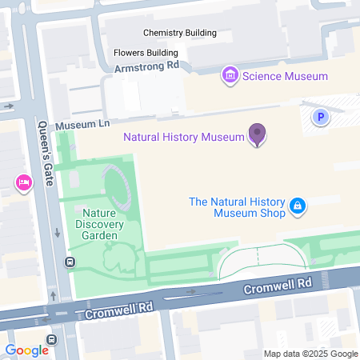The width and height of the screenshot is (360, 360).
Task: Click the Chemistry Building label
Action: (x=179, y=33)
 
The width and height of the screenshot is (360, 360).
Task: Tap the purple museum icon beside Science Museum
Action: (x=230, y=76)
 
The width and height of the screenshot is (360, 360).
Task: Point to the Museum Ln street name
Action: (x=83, y=126)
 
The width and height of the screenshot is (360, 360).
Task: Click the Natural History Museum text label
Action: (x=183, y=137)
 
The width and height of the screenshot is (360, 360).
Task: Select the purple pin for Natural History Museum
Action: (x=257, y=134)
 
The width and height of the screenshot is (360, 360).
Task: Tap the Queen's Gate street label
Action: (x=45, y=154)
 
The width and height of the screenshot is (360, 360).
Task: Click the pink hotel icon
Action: (x=23, y=184)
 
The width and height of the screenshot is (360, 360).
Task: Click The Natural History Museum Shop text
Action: (x=237, y=207)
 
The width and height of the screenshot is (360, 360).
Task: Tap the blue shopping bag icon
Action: (x=297, y=206)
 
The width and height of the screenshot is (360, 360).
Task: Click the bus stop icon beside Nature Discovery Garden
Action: (x=70, y=262)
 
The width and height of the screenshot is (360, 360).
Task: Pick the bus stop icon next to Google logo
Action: (x=52, y=340)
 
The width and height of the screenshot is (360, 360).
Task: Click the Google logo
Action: (x=26, y=350)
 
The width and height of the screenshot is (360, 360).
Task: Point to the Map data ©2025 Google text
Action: (x=310, y=354)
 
